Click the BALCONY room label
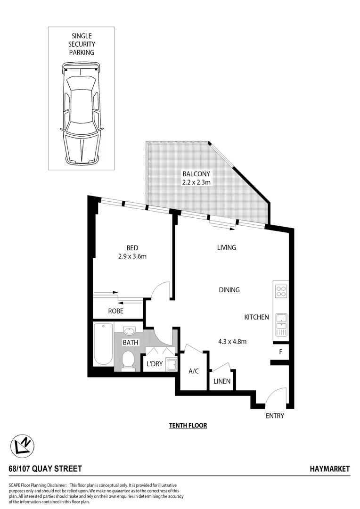(196, 173)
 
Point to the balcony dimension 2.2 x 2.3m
(196, 182)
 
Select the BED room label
(132, 248)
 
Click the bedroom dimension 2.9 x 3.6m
(132, 256)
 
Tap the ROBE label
(115, 311)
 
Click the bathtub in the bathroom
(103, 345)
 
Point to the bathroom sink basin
(129, 330)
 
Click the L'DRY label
(154, 364)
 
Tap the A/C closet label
(194, 371)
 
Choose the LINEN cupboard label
(222, 381)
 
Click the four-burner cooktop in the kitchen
(281, 292)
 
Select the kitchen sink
(281, 320)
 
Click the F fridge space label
(281, 352)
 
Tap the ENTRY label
(274, 416)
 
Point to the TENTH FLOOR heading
(188, 425)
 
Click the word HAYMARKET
(330, 469)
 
